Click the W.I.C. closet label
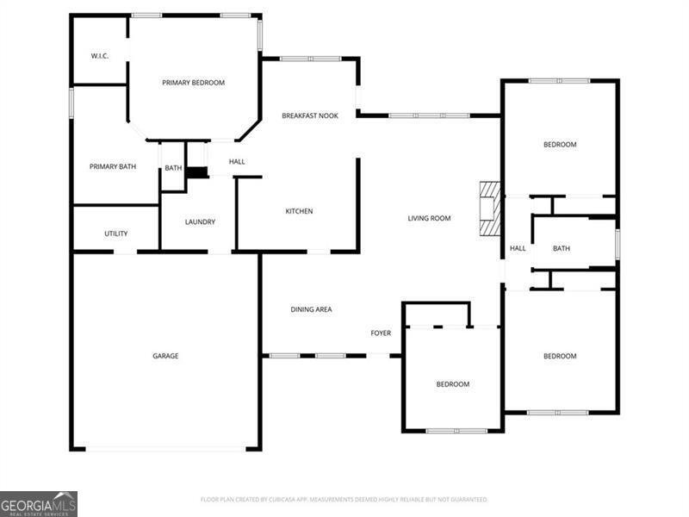pyautogui.click(x=99, y=56)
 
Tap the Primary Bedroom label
pyautogui.click(x=194, y=83)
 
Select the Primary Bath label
pyautogui.click(x=114, y=165)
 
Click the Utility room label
pyautogui.click(x=116, y=234)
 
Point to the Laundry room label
pyautogui.click(x=200, y=221)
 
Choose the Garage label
pyautogui.click(x=165, y=356)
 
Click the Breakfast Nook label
pyautogui.click(x=309, y=115)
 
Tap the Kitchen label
pyautogui.click(x=300, y=211)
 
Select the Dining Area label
pyautogui.click(x=311, y=309)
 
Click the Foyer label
pyautogui.click(x=381, y=333)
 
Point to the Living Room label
pyautogui.click(x=429, y=218)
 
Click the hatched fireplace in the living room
pyautogui.click(x=489, y=209)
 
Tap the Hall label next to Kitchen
pyautogui.click(x=237, y=161)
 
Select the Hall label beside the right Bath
pyautogui.click(x=518, y=248)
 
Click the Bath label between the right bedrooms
pyautogui.click(x=562, y=248)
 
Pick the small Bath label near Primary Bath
pyautogui.click(x=173, y=168)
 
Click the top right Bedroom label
pyautogui.click(x=560, y=144)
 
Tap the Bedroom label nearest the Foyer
pyautogui.click(x=452, y=383)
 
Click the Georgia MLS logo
pyautogui.click(x=39, y=503)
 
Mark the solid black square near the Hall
pyautogui.click(x=198, y=172)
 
